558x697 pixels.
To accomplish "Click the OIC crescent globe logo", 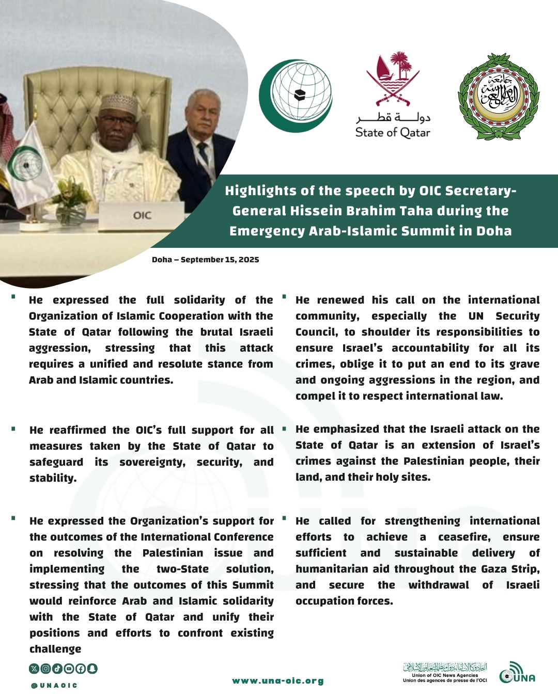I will [296, 96].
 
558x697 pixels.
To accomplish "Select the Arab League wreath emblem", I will [499, 97].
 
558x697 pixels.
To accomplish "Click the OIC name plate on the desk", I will [142, 215].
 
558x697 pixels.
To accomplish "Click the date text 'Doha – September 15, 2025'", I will [205, 260].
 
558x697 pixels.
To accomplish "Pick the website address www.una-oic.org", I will [278, 681].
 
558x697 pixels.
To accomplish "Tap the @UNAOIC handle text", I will [54, 686].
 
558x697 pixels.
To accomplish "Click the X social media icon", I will [34, 669].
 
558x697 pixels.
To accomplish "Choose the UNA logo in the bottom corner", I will [517, 673].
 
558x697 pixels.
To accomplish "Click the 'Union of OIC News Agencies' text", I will [445, 675].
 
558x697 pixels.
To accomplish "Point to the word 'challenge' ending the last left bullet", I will [55, 649].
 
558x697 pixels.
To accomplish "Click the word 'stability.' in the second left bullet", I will [53, 478].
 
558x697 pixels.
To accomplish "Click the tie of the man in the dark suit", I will [204, 153].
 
